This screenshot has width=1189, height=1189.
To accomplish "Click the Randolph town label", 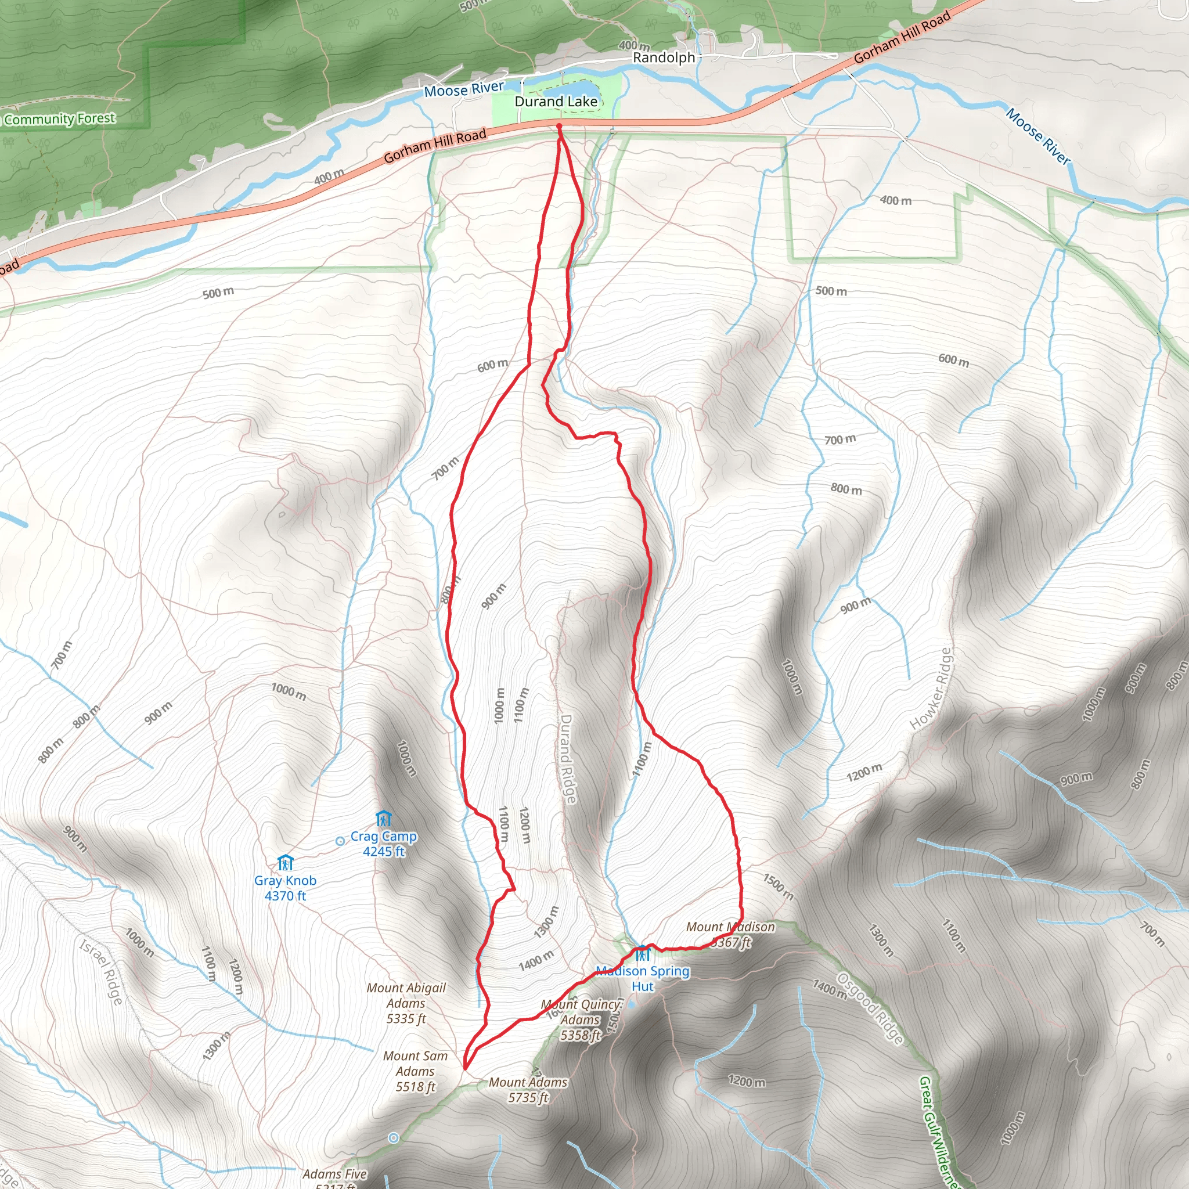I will (x=664, y=57).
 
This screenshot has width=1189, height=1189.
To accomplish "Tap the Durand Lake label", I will (x=556, y=102).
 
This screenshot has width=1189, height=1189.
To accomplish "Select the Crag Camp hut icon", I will (x=383, y=819).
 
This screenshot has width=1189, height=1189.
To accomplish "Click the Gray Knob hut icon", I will (x=285, y=863).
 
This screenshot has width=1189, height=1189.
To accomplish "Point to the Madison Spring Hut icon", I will (x=643, y=954).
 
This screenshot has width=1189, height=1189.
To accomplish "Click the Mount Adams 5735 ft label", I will (x=528, y=1089).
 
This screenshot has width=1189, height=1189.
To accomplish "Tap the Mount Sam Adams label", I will (x=416, y=1072).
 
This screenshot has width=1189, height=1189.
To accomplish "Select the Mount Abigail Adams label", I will (x=406, y=1003).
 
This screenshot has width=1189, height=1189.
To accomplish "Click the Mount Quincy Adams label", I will (x=581, y=1019).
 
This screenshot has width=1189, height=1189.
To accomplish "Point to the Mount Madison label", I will (x=730, y=934).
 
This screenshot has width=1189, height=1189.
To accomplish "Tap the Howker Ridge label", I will (x=931, y=689).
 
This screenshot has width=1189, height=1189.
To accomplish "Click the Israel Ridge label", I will (x=102, y=971).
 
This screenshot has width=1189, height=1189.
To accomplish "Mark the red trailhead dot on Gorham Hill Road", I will (x=559, y=126).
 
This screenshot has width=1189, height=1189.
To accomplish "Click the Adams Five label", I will (x=335, y=1174).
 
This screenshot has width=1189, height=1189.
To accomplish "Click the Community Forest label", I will (x=60, y=119).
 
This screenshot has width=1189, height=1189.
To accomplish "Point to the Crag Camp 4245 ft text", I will (x=383, y=844).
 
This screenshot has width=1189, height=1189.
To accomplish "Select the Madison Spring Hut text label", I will (x=643, y=978).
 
